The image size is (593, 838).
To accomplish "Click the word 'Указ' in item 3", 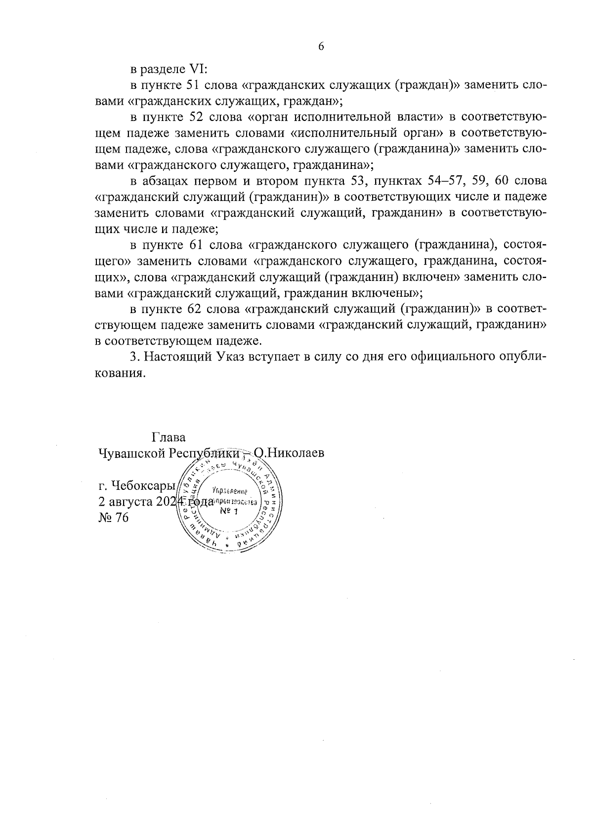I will tap(230, 357).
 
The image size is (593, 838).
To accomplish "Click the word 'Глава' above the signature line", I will tap(169, 438).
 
